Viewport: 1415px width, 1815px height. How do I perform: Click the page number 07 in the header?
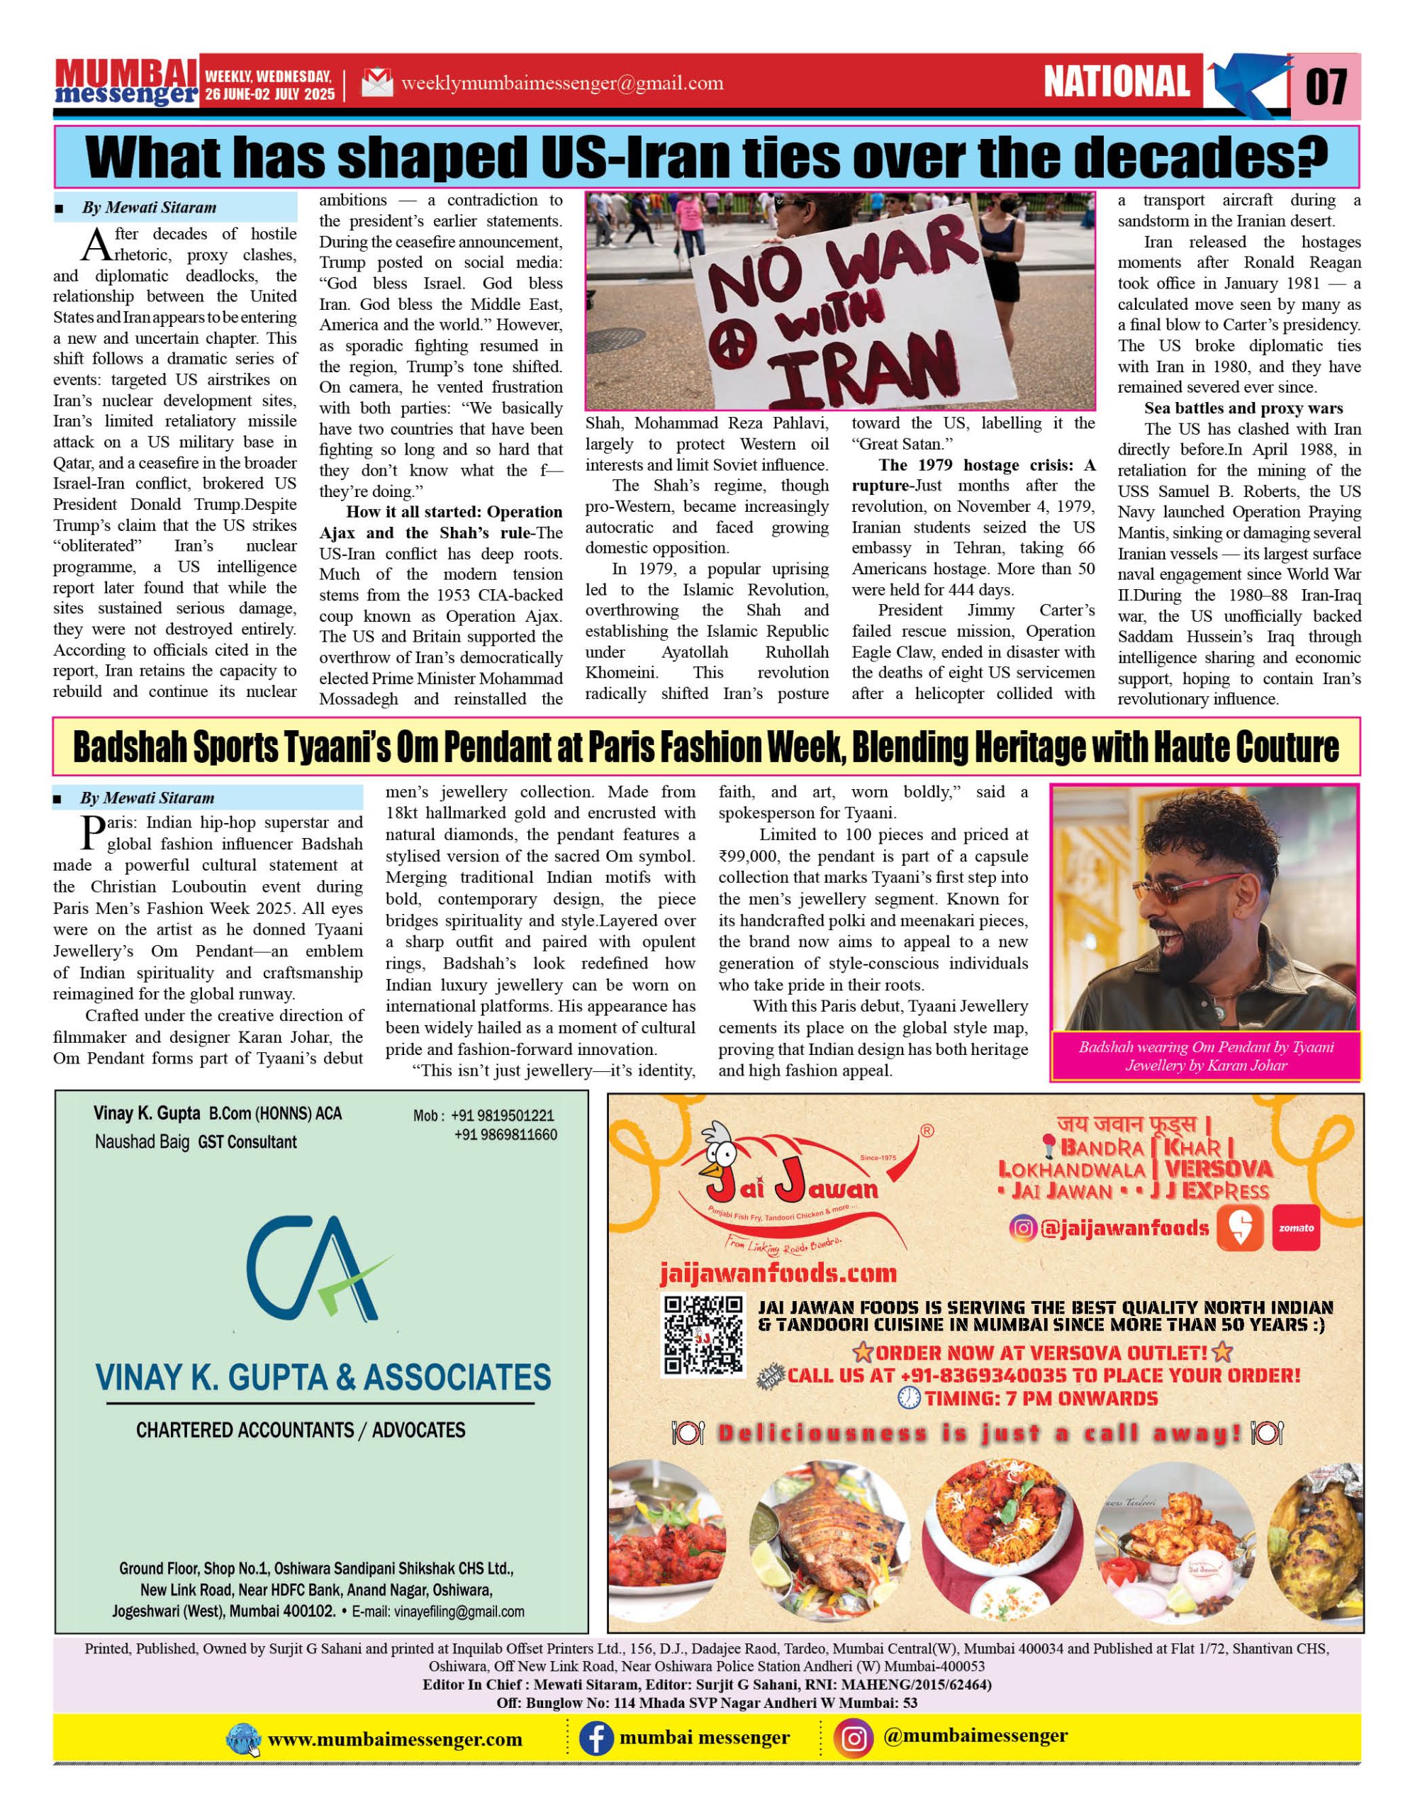1326,86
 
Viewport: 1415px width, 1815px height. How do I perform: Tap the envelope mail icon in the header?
376,84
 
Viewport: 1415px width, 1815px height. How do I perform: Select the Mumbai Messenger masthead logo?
126,82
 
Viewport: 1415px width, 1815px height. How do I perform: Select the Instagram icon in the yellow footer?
855,1738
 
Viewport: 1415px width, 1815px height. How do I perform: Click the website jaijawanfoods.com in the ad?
778,1273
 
